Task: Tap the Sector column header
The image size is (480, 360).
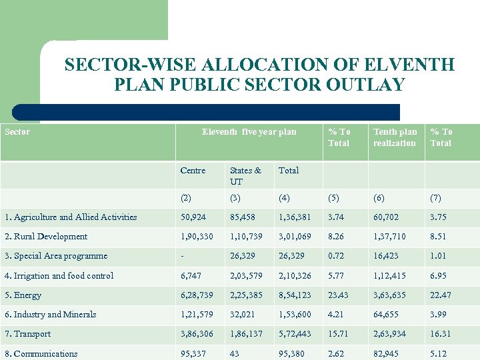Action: (x=17, y=132)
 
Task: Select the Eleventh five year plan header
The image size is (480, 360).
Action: (x=249, y=132)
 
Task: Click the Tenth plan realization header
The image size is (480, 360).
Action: (x=395, y=137)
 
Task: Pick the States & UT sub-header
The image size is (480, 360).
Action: (x=245, y=176)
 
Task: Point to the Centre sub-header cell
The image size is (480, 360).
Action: (x=193, y=171)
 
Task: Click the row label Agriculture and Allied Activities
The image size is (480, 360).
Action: (x=70, y=217)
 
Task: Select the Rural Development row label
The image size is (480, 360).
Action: (x=46, y=237)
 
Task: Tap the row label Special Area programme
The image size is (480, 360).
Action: (x=56, y=256)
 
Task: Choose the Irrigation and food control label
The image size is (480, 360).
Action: (x=59, y=276)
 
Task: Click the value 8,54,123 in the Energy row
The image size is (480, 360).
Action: (x=295, y=295)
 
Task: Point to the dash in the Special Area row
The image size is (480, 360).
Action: (x=182, y=256)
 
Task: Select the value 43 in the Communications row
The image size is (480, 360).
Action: (x=235, y=354)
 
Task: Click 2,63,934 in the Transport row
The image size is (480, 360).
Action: (x=391, y=334)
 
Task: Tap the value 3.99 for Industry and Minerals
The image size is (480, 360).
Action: (x=439, y=315)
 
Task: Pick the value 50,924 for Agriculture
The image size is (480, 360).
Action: (x=193, y=217)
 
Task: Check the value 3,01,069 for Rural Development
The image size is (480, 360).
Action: (x=295, y=237)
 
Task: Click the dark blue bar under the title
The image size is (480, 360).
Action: (x=207, y=112)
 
